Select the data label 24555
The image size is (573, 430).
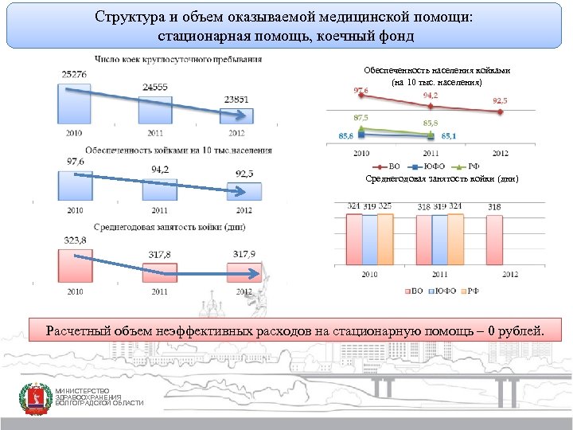pos(155,87)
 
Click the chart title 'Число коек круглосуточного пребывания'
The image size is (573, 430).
pos(177,59)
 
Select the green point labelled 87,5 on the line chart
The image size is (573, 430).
pos(361,127)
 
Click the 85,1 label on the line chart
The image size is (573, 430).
pos(449,136)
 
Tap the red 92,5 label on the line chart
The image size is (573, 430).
pos(501,101)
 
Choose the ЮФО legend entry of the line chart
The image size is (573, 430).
pos(431,166)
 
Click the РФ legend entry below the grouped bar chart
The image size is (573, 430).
pos(472,291)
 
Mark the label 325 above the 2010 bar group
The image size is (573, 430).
pos(385,206)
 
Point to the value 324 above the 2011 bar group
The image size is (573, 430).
pos(455,206)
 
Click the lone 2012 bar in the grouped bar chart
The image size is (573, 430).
pos(494,239)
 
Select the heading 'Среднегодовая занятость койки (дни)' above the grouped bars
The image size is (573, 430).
pos(442,179)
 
